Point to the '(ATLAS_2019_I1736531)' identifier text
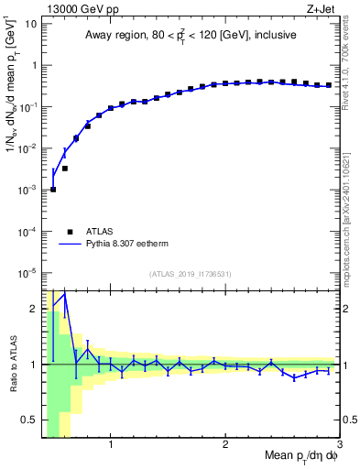191,274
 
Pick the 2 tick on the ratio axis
34,309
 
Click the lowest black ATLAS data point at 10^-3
53,190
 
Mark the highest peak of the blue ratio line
64,294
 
